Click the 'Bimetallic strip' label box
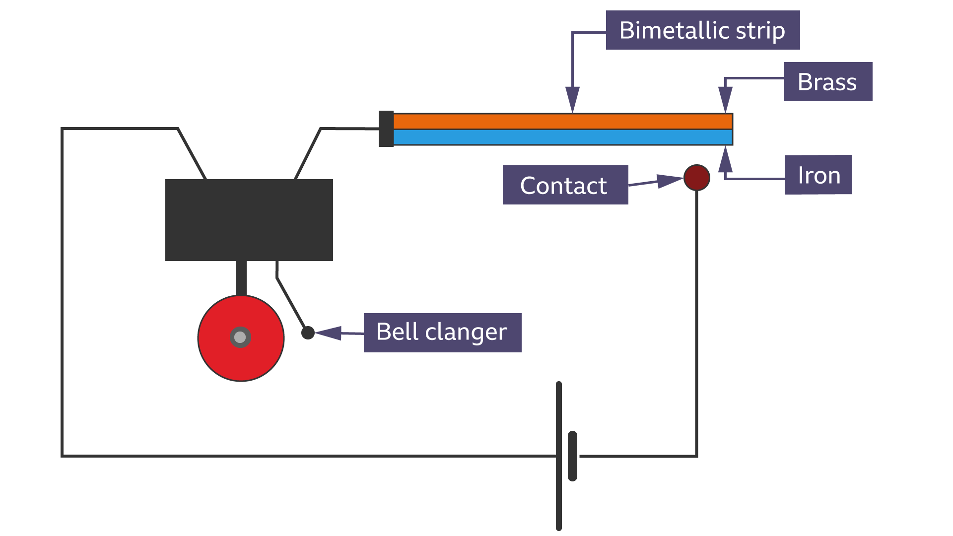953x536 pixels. click(x=702, y=30)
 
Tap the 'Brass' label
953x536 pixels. click(x=827, y=82)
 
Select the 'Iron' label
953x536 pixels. click(x=817, y=175)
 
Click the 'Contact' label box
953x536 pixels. click(x=565, y=185)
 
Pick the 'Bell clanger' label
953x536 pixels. click(x=442, y=333)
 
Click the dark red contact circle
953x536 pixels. click(x=696, y=178)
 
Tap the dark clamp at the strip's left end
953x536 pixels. click(x=386, y=129)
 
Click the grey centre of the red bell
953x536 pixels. click(x=240, y=337)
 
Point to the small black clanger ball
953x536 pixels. click(x=308, y=333)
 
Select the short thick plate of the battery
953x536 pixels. click(x=572, y=456)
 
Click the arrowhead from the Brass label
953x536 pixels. click(x=725, y=98)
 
